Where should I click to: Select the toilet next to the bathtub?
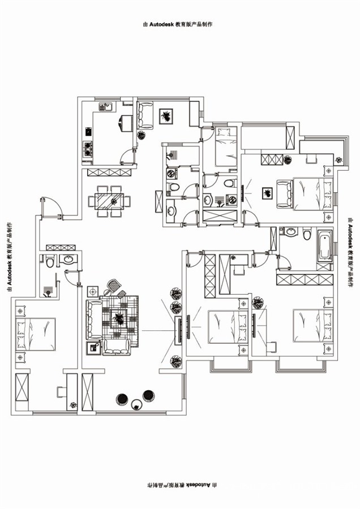(x=307, y=234)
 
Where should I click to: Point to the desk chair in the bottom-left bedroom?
(x=61, y=392)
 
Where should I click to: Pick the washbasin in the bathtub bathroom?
(x=290, y=232)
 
